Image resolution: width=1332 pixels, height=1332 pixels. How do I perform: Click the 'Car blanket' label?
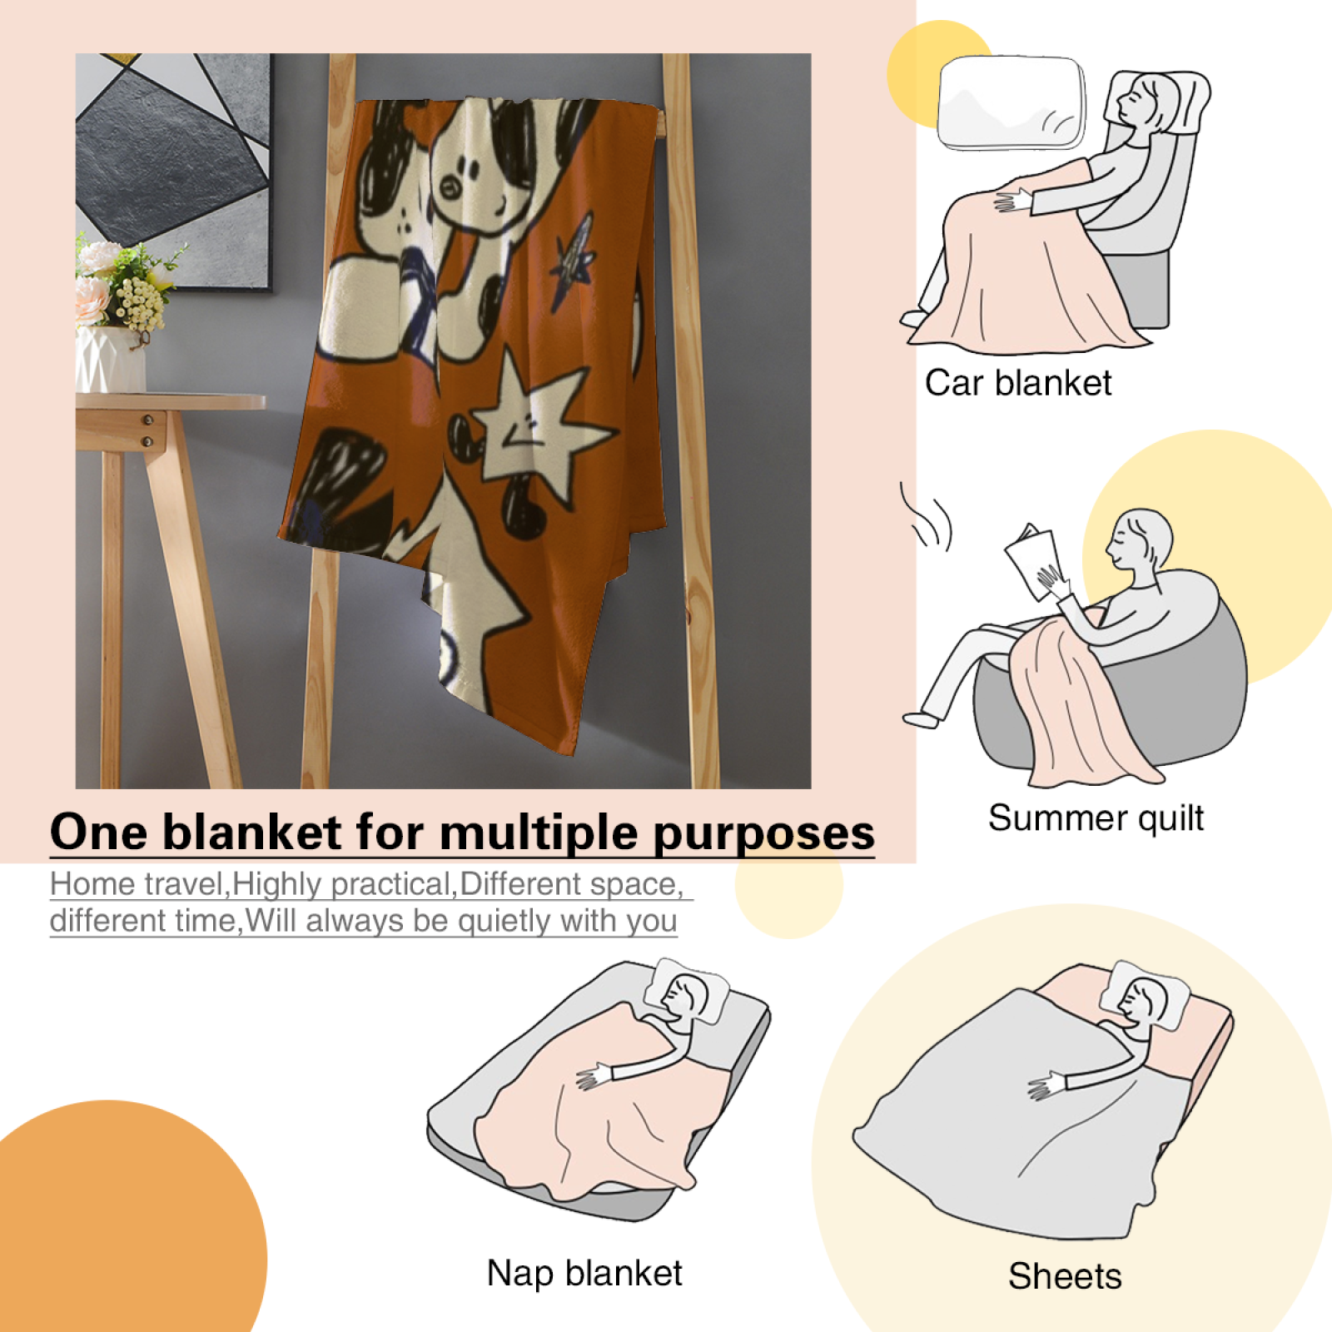(x=1018, y=383)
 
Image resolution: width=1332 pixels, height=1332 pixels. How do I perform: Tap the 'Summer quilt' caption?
(x=1096, y=818)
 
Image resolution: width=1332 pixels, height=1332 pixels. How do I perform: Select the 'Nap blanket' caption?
(x=584, y=1273)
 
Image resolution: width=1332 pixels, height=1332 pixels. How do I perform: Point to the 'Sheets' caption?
(x=1065, y=1276)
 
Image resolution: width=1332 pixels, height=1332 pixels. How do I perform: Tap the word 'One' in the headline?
(x=99, y=832)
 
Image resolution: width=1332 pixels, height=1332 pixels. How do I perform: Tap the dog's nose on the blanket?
(x=450, y=186)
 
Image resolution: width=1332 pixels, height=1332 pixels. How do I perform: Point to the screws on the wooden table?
(x=147, y=430)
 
